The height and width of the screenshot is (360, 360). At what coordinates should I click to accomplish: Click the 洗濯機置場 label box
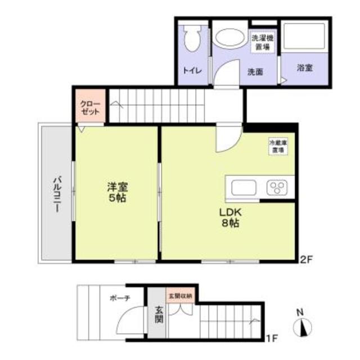pyautogui.click(x=262, y=42)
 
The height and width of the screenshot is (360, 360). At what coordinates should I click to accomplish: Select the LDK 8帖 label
pyautogui.click(x=230, y=217)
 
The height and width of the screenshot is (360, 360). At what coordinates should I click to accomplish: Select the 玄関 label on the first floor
pyautogui.click(x=158, y=318)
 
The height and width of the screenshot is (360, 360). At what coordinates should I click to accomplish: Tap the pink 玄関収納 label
pyautogui.click(x=179, y=295)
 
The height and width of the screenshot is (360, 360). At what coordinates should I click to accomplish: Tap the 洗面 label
pyautogui.click(x=256, y=71)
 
